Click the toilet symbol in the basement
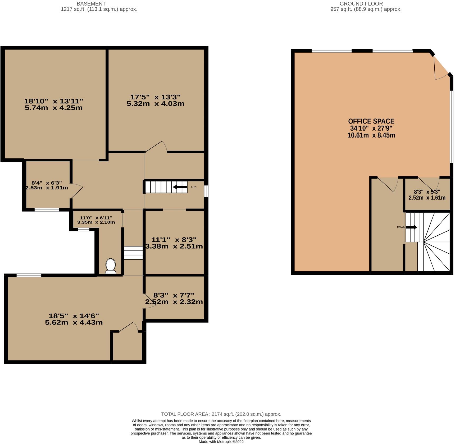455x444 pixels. pyautogui.click(x=111, y=266)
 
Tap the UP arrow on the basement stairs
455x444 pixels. pyautogui.click(x=180, y=187)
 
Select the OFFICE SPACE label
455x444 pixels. pyautogui.click(x=371, y=121)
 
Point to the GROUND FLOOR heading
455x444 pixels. pyautogui.click(x=361, y=4)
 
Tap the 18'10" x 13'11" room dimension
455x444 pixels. pyautogui.click(x=54, y=104)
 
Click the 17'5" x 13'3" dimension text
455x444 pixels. pyautogui.click(x=155, y=100)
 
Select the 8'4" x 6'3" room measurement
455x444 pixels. pyautogui.click(x=47, y=185)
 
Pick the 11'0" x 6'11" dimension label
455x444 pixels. pyautogui.click(x=96, y=220)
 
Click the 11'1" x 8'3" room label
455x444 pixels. pyautogui.click(x=174, y=243)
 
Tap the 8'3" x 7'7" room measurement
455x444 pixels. pyautogui.click(x=174, y=298)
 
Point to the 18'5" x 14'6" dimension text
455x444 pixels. pyautogui.click(x=74, y=319)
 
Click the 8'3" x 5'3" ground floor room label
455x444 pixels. pyautogui.click(x=427, y=195)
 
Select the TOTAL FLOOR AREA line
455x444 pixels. pyautogui.click(x=221, y=414)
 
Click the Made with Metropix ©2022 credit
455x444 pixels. pyautogui.click(x=221, y=442)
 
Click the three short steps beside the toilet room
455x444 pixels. pyautogui.click(x=133, y=253)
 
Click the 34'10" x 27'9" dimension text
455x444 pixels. pyautogui.click(x=371, y=129)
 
